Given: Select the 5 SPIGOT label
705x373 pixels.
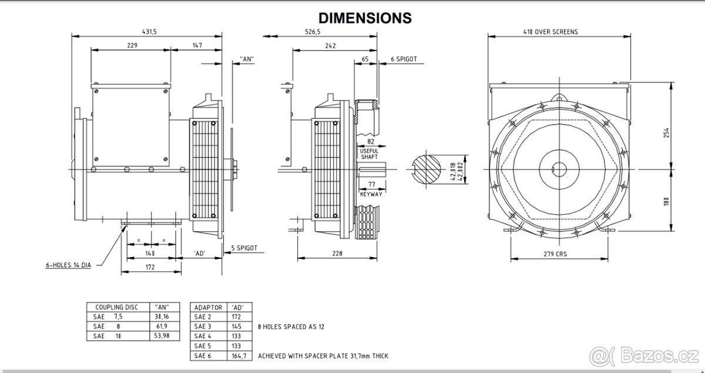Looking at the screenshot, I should point(244,248).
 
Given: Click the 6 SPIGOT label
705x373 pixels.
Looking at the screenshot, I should point(404,59).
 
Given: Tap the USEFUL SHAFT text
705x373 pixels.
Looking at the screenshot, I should point(369,154).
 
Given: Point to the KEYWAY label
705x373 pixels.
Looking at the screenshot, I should point(371,194).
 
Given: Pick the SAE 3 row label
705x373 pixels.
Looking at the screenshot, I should point(202,326).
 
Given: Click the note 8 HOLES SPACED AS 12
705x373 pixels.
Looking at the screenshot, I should point(291,326).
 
